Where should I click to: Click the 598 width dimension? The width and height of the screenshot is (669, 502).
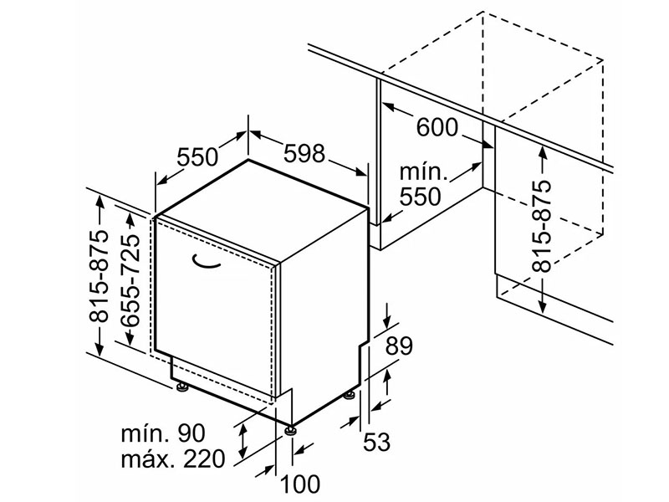tap(304, 153)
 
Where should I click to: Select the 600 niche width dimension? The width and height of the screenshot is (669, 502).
tap(437, 127)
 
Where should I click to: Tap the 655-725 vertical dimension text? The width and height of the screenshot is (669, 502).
tap(130, 280)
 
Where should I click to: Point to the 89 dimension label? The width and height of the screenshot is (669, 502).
tap(399, 346)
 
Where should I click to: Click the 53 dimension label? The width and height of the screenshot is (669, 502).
tap(377, 442)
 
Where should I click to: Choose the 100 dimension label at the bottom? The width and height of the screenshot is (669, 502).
tap(299, 484)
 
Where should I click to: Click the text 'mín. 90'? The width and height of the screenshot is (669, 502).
tap(163, 433)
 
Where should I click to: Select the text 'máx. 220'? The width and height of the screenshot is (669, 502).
tap(173, 458)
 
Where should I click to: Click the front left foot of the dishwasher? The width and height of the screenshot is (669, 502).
tap(182, 387)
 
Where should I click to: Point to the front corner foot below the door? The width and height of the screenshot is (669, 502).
tap(291, 430)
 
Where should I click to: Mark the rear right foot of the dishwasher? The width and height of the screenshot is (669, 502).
tap(349, 395)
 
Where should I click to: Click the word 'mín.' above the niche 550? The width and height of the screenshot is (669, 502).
tap(423, 172)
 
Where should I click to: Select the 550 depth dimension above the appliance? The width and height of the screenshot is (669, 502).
tap(197, 157)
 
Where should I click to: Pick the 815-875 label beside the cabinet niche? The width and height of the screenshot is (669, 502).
tap(542, 226)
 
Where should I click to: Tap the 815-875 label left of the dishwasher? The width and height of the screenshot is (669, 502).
tap(99, 276)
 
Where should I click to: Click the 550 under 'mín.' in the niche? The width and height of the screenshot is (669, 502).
tap(421, 197)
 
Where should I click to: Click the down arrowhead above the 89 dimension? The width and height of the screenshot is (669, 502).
tap(388, 322)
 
